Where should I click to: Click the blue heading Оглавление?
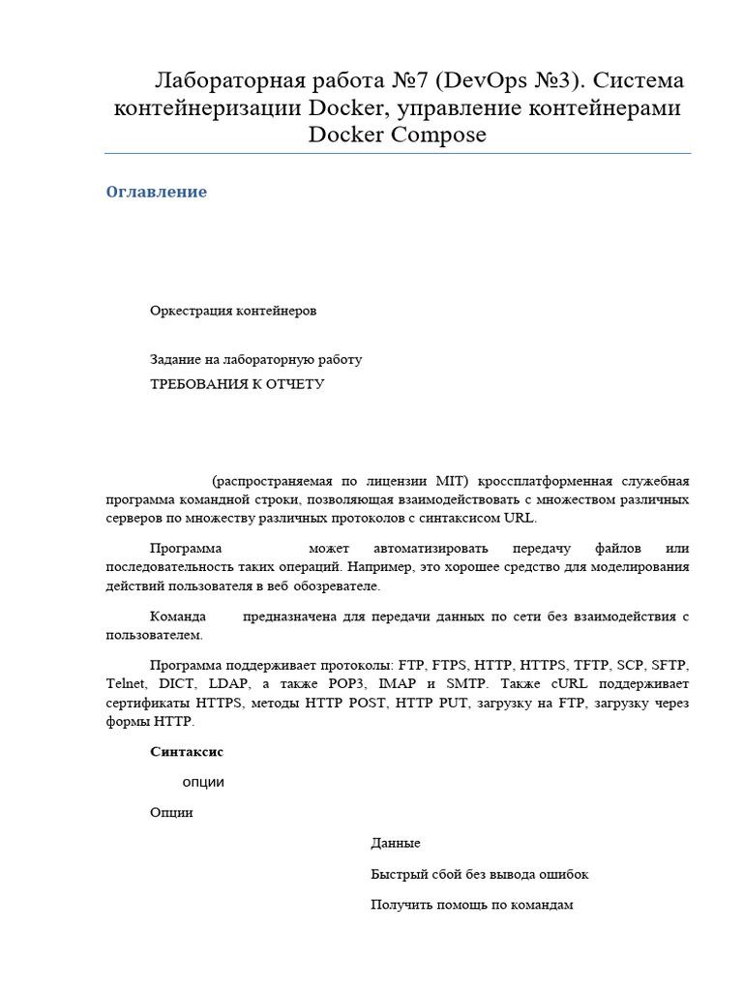click(156, 192)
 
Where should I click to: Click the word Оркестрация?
click(189, 311)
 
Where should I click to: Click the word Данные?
click(396, 844)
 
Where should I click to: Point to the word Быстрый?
click(400, 874)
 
